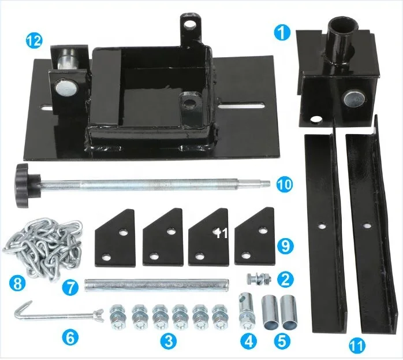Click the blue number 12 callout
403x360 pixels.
[x=34, y=41]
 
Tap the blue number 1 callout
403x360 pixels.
[x=282, y=33]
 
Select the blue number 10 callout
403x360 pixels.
[x=285, y=184]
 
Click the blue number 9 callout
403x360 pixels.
[x=286, y=246]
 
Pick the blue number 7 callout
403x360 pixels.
[x=71, y=287]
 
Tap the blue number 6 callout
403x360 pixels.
[x=70, y=337]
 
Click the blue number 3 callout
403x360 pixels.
[x=169, y=342]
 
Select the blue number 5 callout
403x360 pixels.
[x=282, y=342]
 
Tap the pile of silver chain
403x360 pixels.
[x=43, y=246]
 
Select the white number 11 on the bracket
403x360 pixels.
[x=221, y=233]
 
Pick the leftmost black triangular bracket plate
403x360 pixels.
[x=115, y=238]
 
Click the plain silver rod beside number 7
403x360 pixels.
[x=157, y=285]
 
